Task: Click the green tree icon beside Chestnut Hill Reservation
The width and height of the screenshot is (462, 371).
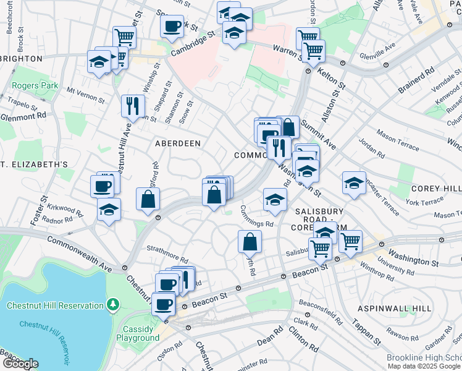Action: (x=112, y=304)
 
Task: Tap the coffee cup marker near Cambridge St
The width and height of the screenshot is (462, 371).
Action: (x=172, y=27)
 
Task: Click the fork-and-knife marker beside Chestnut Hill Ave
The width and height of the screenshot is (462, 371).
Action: (x=133, y=106)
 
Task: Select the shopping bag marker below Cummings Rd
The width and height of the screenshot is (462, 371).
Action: (x=249, y=242)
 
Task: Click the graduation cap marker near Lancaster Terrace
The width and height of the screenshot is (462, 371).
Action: (x=354, y=183)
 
